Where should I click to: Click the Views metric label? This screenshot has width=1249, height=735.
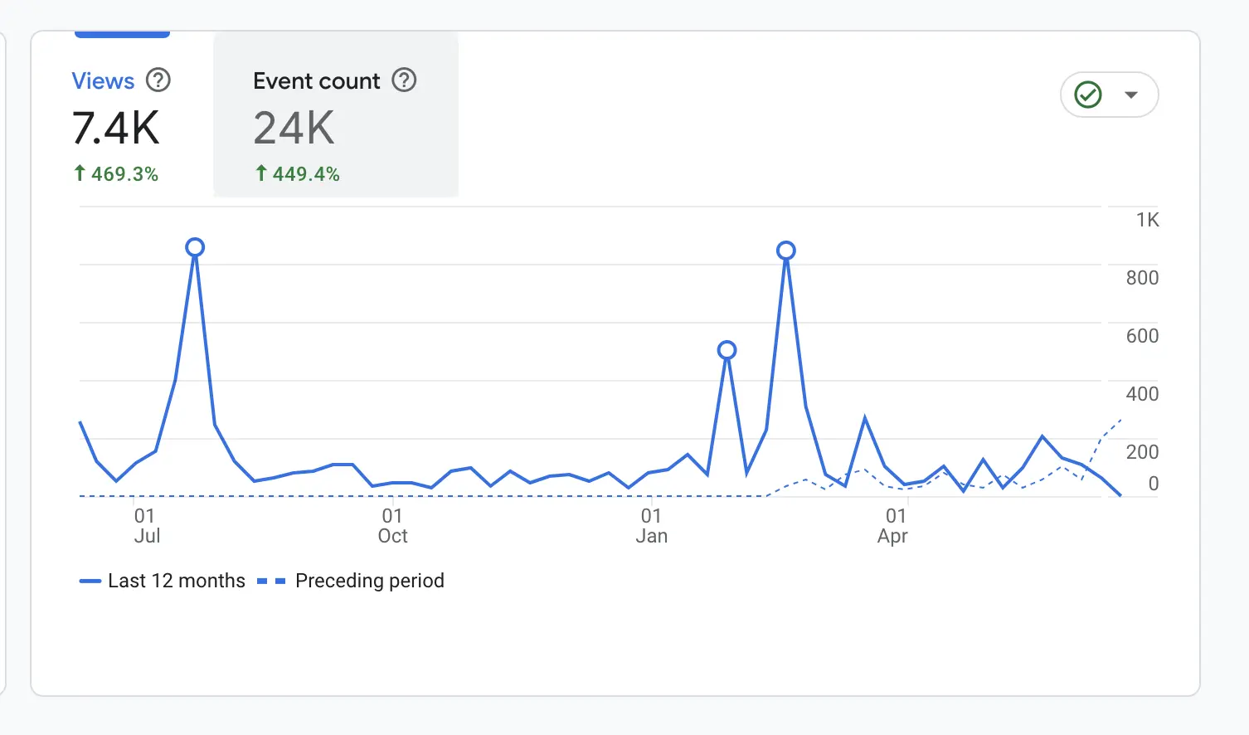click(103, 81)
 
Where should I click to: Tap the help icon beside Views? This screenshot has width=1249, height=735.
click(158, 80)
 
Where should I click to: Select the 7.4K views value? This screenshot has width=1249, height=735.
click(115, 129)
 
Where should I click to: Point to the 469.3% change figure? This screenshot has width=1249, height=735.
click(124, 174)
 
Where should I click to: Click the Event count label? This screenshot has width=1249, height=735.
click(316, 81)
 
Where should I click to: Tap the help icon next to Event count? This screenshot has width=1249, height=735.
click(404, 80)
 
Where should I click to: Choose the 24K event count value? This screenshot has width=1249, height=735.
click(294, 129)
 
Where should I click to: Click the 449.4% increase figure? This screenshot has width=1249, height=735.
click(306, 174)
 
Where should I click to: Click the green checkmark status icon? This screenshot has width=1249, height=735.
click(1088, 95)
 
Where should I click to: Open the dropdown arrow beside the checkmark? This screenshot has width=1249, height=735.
click(1131, 95)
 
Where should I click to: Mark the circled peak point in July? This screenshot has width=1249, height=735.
click(195, 247)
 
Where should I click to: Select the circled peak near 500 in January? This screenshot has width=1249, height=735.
click(727, 350)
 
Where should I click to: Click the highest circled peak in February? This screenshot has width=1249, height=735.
click(786, 251)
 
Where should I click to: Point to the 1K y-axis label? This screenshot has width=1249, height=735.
click(1147, 220)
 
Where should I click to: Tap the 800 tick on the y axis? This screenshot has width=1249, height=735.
click(1142, 278)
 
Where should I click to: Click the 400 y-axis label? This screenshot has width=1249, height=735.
click(1142, 394)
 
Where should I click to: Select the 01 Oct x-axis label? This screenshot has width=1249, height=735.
click(392, 526)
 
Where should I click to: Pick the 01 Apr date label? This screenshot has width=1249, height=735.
click(893, 526)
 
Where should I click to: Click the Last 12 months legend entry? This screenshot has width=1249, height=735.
click(176, 581)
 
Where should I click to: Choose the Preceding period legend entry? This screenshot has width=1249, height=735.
click(369, 581)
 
